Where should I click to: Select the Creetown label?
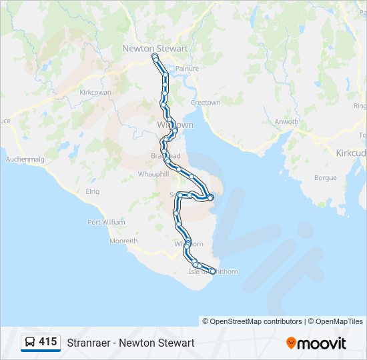pos(206,103)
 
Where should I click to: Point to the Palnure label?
pos(183,68)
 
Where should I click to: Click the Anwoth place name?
pos(287,121)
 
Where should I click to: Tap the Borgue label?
pos(325,178)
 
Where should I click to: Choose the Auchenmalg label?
pos(24,159)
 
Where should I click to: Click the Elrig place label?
pos(92,191)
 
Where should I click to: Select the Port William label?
pos(106,222)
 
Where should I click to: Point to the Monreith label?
pos(123,241)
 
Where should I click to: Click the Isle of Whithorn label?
pos(214,271)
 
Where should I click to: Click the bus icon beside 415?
pos(30,343)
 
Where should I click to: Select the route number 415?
pos(48,342)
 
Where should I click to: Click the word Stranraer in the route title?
pos(90,343)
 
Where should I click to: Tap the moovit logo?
pos(316,343)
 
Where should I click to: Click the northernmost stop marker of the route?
pos(155,58)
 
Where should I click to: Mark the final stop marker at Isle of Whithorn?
pos(214,271)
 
